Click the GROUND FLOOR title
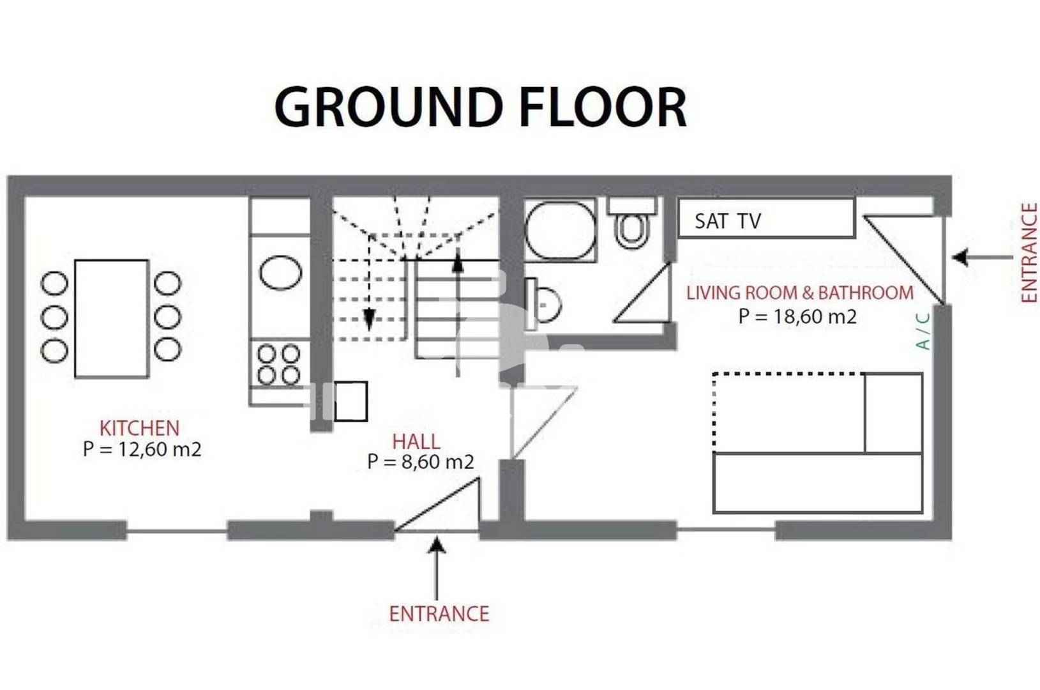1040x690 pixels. click(481, 107)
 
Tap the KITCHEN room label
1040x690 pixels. click(140, 428)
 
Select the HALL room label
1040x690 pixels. click(416, 441)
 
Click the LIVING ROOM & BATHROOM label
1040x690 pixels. click(800, 293)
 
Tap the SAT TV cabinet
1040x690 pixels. click(767, 218)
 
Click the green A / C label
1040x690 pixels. click(923, 332)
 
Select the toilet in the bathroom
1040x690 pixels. click(631, 223)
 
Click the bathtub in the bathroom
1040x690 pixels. click(561, 230)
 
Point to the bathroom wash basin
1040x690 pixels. click(542, 304)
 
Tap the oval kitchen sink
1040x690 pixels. click(280, 273)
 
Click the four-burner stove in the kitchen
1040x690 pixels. click(279, 365)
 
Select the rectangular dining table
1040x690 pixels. click(112, 319)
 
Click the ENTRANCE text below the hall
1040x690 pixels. click(439, 614)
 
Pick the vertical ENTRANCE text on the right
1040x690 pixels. click(1029, 253)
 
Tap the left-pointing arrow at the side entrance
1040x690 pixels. click(982, 257)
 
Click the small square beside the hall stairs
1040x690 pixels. click(351, 401)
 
